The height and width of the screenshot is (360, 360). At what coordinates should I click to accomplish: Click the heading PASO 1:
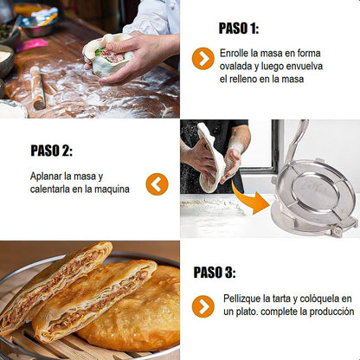click(239, 29)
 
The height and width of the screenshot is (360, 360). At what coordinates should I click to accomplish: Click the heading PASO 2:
click(51, 151)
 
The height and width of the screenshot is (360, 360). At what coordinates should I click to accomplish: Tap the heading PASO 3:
click(215, 273)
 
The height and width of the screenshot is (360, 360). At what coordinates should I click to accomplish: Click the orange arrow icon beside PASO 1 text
click(203, 59)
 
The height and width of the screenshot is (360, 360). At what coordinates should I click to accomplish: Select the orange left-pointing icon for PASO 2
click(157, 184)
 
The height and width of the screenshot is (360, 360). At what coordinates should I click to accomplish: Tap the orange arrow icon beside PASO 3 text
click(203, 306)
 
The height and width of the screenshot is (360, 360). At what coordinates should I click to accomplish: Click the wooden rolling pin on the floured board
click(38, 87)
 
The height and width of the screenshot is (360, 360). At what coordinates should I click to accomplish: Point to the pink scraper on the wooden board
click(32, 45)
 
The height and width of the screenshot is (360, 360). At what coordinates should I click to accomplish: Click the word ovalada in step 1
click(235, 67)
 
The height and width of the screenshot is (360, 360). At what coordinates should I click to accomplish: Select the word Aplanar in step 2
click(46, 177)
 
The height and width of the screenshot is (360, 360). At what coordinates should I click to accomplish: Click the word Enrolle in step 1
click(234, 54)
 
